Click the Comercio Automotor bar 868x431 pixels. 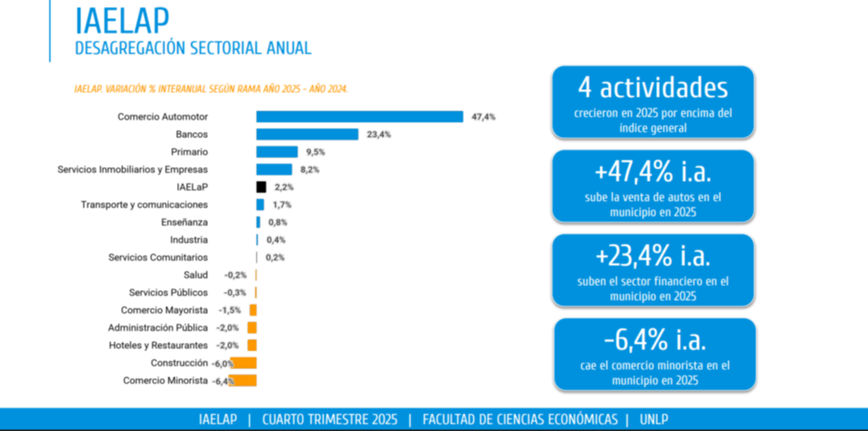coord(360,117)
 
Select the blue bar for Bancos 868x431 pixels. coord(307,135)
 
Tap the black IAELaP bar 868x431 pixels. coord(261,187)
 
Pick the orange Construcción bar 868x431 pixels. coord(244,363)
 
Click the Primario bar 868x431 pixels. coord(277,152)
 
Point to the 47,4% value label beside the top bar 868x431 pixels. coord(483,117)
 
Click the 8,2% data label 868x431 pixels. coord(310,170)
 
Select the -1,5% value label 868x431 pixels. coord(230,311)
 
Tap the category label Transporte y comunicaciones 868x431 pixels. coord(144,205)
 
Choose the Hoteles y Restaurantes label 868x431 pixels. coord(158,345)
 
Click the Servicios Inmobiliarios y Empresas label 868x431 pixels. coord(133,170)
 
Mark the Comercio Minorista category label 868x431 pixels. coord(165,380)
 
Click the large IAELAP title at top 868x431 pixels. coord(122,21)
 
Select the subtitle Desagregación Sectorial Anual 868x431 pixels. coord(193,49)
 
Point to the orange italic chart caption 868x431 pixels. coord(211,89)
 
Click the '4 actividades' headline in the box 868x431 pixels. coord(653,88)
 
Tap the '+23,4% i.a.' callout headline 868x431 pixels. coord(653,256)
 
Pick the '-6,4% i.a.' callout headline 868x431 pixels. coord(654,340)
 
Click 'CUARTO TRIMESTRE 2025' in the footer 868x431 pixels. coord(329,419)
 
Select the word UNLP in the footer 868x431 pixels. coord(654,419)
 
